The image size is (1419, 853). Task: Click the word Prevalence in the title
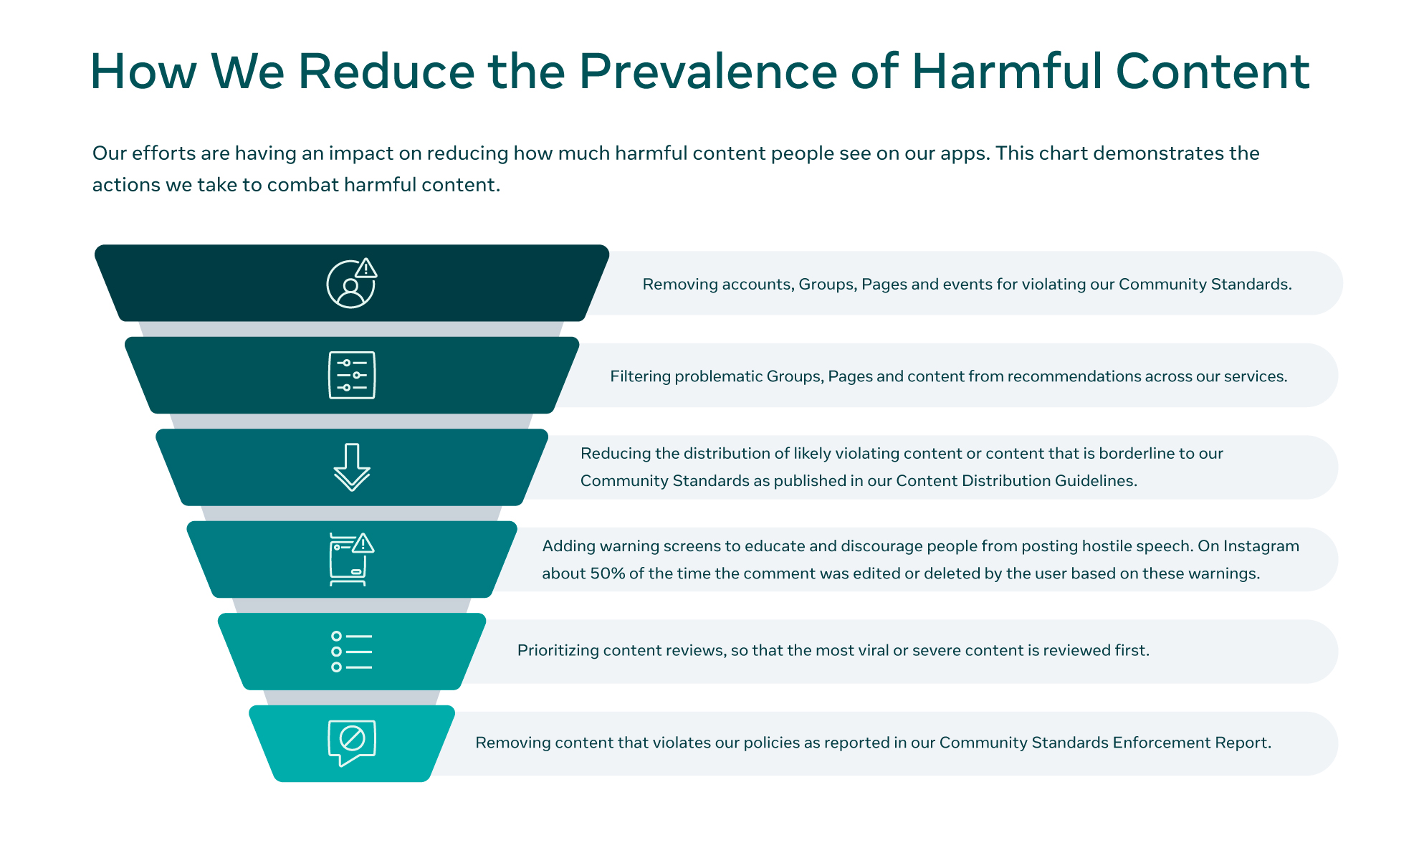tap(708, 72)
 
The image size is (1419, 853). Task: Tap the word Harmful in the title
tap(1006, 72)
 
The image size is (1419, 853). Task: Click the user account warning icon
tap(352, 283)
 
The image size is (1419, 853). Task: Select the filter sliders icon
tap(352, 375)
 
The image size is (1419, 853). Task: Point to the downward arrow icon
tap(352, 467)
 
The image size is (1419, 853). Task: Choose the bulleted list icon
tap(352, 651)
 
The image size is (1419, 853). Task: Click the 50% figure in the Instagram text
tap(607, 573)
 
